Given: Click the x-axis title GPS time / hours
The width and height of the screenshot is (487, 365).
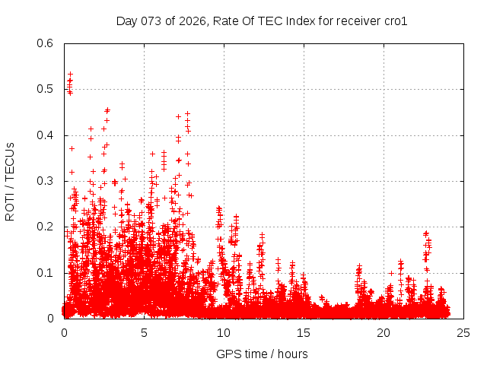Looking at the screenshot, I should pyautogui.click(x=262, y=354).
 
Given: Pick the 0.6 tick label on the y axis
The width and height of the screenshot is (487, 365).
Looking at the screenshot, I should pyautogui.click(x=46, y=43).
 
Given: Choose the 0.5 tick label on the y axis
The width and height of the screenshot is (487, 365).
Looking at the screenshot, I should pyautogui.click(x=46, y=89).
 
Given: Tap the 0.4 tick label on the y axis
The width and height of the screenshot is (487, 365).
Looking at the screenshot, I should pyautogui.click(x=46, y=135).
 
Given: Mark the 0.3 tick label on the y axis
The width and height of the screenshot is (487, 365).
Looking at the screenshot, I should pyautogui.click(x=46, y=181).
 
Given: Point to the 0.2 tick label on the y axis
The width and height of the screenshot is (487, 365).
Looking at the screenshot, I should pyautogui.click(x=46, y=227).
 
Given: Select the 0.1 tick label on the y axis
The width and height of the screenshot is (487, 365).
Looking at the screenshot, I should pyautogui.click(x=46, y=273).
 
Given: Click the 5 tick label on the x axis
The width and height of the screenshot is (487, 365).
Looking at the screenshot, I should pyautogui.click(x=144, y=333).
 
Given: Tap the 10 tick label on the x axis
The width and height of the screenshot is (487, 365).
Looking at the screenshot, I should pyautogui.click(x=224, y=333).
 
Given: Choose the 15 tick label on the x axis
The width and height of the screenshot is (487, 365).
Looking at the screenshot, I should pyautogui.click(x=304, y=333).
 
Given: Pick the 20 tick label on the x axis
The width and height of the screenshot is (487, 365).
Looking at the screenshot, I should pyautogui.click(x=384, y=333).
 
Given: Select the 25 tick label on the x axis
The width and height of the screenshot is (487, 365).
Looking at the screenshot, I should pyautogui.click(x=463, y=333).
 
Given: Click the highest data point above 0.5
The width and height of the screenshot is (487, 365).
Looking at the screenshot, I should pyautogui.click(x=70, y=74).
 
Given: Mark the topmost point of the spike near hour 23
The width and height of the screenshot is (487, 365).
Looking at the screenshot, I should pyautogui.click(x=426, y=233).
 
